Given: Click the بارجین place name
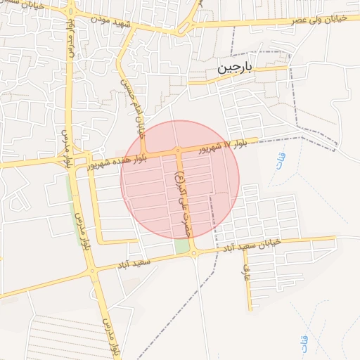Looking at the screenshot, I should [233, 68].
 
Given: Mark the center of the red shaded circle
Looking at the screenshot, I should [180, 179].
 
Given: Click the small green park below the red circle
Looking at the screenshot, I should [182, 246].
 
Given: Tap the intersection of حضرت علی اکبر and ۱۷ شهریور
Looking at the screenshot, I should [178, 151].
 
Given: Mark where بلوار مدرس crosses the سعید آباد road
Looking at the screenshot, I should [91, 270].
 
